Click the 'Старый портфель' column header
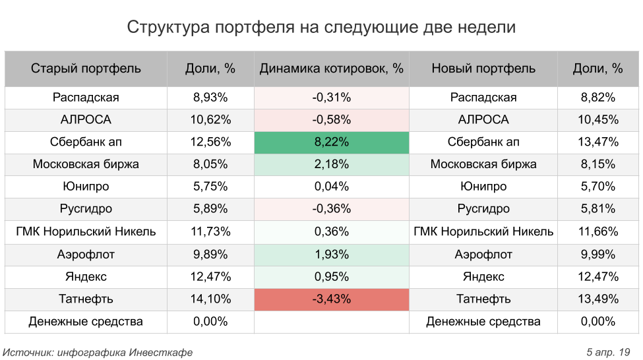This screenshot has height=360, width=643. pos(86,69)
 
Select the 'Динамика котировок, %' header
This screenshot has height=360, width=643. pos(331,69)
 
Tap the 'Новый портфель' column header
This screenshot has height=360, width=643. pos(483,69)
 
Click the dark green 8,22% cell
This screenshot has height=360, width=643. pos(331,142)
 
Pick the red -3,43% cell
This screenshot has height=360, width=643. pos(331,299)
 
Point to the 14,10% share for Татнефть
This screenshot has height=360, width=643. pos(211,299)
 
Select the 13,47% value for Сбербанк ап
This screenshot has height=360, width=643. pos(598,142)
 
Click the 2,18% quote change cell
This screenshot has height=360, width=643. pos(331,165)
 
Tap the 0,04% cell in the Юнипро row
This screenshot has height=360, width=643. pos(331,187)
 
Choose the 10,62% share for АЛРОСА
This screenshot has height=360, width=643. pos(211,120)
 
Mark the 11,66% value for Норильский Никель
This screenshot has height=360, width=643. pos(598,231)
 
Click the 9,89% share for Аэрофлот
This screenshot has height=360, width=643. pos(211,254)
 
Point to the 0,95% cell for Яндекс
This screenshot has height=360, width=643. pos(331,276)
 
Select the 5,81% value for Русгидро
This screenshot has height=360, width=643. pos(598,209)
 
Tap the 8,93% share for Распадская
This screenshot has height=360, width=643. pos(211,98)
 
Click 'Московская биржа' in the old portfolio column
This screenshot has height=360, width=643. pos(86,165)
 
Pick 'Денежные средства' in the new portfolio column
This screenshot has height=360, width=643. pos(483,322)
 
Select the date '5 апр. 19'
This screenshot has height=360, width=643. pos(609,352)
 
